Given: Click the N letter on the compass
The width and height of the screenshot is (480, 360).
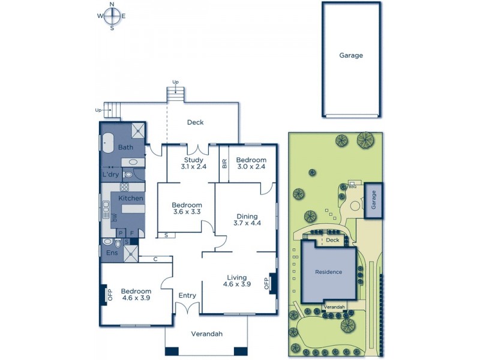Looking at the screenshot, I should click(112, 4).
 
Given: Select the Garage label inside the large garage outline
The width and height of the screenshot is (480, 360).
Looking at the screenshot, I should click(351, 55).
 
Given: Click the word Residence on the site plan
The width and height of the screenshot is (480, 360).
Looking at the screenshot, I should click(328, 272).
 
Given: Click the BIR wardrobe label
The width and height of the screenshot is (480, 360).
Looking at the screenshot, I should click(224, 163).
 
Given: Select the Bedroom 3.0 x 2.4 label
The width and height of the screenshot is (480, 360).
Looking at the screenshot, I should click(251, 164).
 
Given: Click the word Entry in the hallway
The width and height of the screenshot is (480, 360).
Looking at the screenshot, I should click(187, 295).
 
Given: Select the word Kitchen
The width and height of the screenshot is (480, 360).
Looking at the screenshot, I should click(130, 198).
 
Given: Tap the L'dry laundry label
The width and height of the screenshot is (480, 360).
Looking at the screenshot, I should click(110, 175).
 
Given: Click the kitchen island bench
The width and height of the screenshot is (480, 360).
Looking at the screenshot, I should click(134, 209).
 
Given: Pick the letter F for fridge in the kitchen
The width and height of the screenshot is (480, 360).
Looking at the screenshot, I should click(132, 233).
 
